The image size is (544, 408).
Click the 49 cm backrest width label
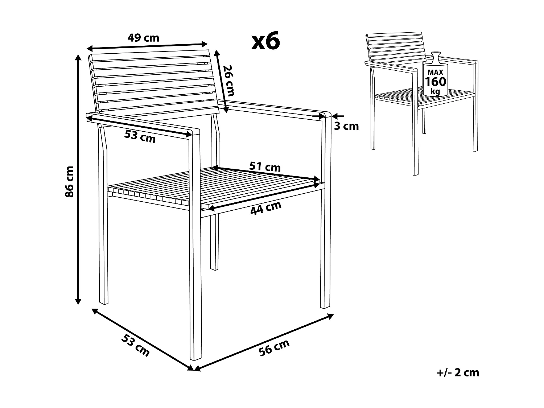(143, 37)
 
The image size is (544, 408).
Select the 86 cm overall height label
(69, 181)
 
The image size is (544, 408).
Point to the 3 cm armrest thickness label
(346, 126)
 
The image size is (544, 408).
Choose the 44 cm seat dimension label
(266, 208)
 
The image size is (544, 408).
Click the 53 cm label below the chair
(135, 345)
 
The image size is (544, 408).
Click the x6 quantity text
(266, 41)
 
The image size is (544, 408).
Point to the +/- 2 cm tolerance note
(458, 372)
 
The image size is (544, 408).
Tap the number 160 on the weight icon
(435, 82)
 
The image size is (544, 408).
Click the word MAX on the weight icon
(435, 73)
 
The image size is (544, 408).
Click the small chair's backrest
(395, 47)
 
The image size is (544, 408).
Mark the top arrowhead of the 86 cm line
(78, 57)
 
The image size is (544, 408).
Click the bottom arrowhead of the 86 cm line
(78, 301)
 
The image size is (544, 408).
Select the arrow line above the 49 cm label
(147, 46)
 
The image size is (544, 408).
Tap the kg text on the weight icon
(435, 91)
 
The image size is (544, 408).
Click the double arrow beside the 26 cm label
(222, 82)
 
